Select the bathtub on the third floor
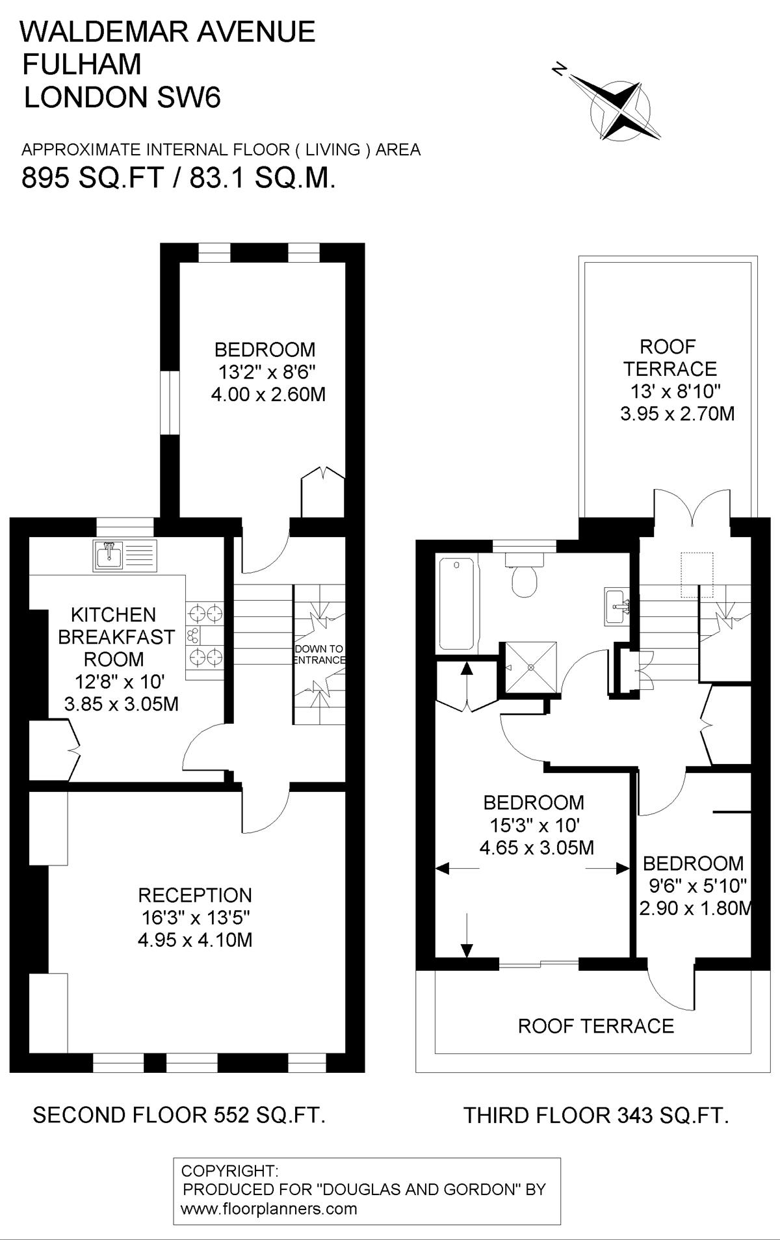coord(458,604)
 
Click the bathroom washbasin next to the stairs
coord(617,607)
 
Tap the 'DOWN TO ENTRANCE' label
coord(319,654)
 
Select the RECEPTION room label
coord(195,895)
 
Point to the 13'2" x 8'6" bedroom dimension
coord(265,373)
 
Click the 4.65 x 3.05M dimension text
coord(537,847)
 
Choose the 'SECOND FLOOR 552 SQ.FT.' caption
coord(179,1115)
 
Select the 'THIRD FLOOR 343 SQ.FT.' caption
coord(596,1116)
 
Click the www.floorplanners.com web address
coord(269,1209)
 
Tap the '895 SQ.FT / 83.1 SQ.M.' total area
coord(179,178)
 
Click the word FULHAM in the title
coord(82,64)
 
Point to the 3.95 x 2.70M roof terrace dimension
coord(677,414)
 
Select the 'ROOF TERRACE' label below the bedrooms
coord(596,1026)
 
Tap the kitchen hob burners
coord(205,635)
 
